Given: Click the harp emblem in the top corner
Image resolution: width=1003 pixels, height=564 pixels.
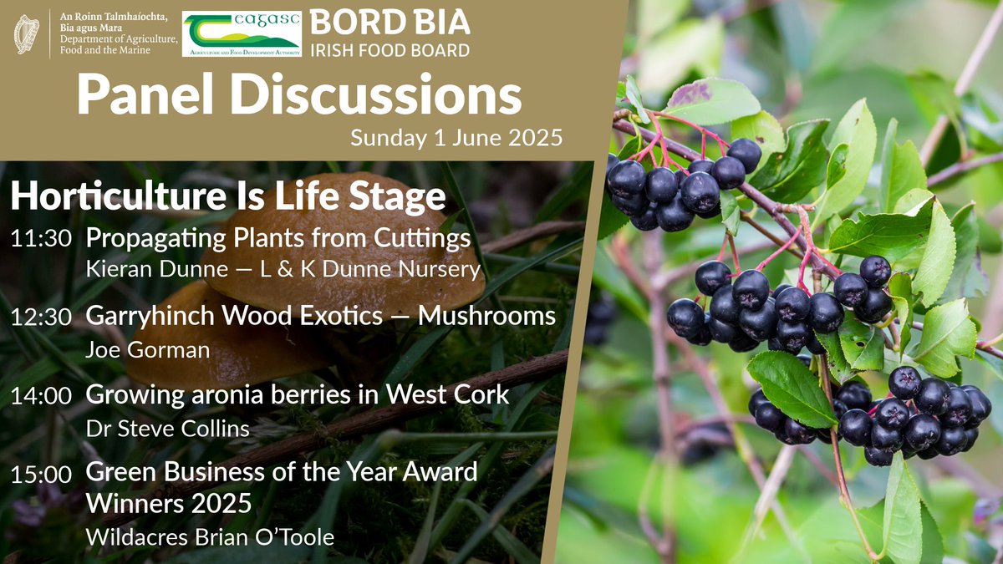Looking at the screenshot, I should click(27, 34).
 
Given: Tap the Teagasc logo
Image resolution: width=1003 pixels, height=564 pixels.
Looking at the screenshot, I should click(242, 34).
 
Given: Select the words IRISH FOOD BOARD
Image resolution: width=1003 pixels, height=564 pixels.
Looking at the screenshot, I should click(390, 50).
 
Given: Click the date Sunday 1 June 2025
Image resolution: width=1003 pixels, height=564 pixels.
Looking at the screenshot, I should click(456, 136).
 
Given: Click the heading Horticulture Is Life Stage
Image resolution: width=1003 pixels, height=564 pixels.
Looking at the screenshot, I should click(227, 197).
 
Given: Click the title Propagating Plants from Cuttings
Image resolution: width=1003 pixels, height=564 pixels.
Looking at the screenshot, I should click(278, 239).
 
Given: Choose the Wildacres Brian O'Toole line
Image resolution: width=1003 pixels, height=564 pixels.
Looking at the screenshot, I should click(210, 537).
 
